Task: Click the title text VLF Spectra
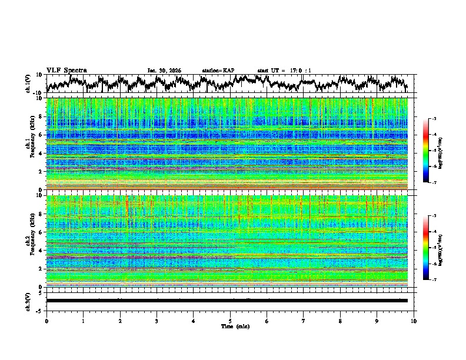click(66, 70)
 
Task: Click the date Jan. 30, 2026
click(164, 71)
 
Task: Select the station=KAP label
click(218, 71)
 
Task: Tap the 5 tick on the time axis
click(230, 321)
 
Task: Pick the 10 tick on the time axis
click(414, 321)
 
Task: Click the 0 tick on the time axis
click(46, 321)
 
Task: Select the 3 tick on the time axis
click(157, 321)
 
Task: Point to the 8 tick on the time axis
click(340, 321)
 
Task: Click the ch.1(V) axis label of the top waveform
click(28, 84)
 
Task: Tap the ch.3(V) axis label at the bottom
click(28, 300)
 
